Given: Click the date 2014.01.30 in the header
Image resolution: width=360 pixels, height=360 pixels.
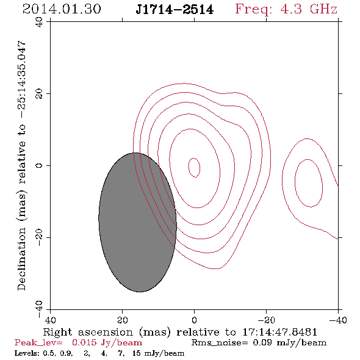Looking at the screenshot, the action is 62,9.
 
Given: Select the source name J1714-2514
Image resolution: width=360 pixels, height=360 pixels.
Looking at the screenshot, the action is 175,10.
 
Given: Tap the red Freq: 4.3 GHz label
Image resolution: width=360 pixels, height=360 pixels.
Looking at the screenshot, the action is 286,9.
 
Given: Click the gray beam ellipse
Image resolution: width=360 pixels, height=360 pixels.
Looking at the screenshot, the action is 137,222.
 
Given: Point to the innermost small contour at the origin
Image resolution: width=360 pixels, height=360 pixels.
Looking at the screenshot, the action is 189,168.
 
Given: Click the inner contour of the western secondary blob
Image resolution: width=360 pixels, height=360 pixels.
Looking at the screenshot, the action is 295,183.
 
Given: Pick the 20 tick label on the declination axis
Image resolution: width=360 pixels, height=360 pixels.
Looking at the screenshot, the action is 39,94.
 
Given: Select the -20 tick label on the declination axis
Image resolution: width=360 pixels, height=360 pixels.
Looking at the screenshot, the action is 39,238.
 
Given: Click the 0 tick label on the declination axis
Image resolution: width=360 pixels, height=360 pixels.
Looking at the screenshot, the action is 39,165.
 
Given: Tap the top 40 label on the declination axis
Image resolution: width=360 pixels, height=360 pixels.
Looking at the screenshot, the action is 39,22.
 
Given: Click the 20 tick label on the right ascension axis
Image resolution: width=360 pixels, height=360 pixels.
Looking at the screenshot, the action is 123,320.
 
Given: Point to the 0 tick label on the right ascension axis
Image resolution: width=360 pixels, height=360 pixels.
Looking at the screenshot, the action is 194,320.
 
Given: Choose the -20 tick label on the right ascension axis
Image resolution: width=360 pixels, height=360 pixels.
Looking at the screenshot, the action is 266,320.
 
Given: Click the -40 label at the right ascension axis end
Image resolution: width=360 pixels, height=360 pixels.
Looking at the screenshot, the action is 338,320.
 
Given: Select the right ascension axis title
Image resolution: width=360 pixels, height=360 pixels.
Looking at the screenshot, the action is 180,332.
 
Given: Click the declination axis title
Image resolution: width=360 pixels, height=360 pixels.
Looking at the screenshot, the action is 22,165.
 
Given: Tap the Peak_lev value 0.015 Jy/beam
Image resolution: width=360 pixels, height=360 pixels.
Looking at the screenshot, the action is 107,343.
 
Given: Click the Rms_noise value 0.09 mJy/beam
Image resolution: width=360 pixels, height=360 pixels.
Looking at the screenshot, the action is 289,343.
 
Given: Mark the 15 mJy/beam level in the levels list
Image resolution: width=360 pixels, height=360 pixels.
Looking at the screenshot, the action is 159,353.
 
